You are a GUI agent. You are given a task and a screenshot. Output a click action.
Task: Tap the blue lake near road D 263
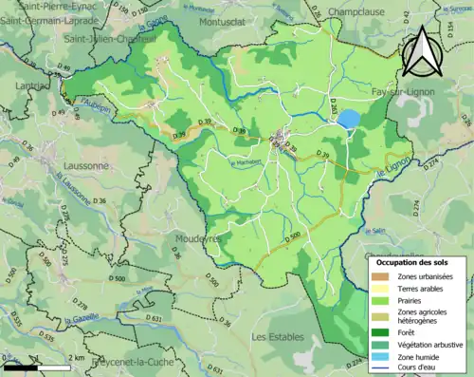tap(349, 119)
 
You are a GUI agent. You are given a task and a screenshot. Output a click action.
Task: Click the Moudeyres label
tap(199, 239)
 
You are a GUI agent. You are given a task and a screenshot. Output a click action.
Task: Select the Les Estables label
tap(277, 337)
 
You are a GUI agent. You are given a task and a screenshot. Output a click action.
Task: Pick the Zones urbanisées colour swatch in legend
tap(381, 276)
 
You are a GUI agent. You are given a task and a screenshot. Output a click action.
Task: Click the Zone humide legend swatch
tap(381, 358)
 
